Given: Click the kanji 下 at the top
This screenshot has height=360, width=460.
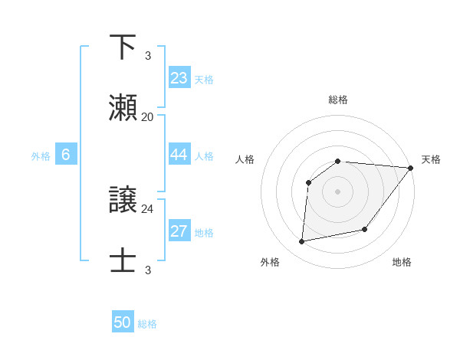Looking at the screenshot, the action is pos(123,47).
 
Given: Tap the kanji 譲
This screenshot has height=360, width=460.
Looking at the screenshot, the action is pos(123,201).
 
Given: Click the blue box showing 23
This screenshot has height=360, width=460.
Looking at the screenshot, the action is pos(179,78).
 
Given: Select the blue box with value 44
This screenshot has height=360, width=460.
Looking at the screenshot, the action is pos(179,155).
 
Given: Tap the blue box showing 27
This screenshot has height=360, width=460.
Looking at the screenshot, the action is pos(179,231).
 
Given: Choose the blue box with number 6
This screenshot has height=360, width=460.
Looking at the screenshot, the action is pos(66,155).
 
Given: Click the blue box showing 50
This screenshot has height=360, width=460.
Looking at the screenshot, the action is pos(123,322).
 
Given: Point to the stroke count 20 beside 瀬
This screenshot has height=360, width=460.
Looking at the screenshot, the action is pos(148,116).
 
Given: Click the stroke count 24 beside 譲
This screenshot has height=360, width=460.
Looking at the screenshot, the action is pos(148,208).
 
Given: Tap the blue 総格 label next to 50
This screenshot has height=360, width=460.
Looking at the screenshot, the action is pos(147,324).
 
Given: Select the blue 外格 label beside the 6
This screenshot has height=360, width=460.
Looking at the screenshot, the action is pos(41,156).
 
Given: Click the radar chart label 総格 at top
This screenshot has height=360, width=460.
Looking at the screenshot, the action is pos(338,100).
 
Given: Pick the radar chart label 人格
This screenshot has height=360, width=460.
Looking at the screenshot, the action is pos(245,159).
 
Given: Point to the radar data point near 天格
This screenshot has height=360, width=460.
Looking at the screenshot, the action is pos(410,168).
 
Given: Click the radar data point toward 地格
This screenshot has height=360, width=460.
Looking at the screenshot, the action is pos(365,229).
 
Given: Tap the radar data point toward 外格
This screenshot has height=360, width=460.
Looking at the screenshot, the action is pos(302,241).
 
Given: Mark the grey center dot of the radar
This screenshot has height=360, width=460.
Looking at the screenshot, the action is pos(337,191).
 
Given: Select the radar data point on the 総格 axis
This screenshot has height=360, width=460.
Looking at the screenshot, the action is pos(338,161).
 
